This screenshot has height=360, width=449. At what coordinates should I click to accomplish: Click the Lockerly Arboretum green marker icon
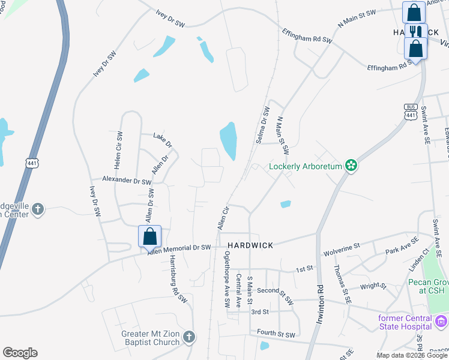point(351,166)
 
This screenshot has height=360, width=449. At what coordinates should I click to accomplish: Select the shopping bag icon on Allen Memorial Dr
point(150,236)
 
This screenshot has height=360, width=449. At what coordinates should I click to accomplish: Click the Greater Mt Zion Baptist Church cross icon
point(189,337)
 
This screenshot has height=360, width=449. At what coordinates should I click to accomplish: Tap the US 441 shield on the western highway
point(31,162)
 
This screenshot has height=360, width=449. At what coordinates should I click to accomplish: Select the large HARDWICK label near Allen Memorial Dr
point(250,245)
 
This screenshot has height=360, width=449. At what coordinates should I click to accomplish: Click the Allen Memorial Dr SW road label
point(179,248)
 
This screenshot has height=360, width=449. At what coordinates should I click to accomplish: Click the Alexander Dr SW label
point(126,179)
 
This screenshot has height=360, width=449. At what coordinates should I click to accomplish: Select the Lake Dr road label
point(163,140)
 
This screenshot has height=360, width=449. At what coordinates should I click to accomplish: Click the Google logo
point(20,352)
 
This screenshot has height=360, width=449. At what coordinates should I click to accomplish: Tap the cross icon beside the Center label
point(37,209)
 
